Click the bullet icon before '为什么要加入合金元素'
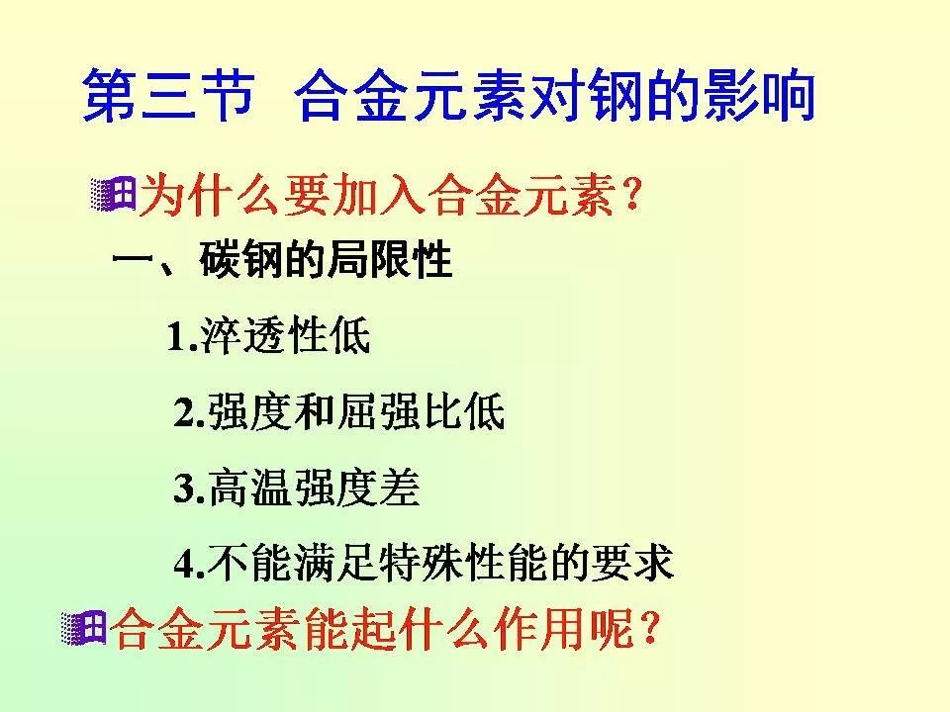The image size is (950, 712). [x=112, y=194]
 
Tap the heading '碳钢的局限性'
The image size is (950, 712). [x=326, y=261]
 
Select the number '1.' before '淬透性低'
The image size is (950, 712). [x=184, y=337]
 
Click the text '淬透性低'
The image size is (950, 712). [x=285, y=337]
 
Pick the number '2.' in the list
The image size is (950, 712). [x=189, y=412]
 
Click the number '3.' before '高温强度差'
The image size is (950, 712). [x=189, y=489]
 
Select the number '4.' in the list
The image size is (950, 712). [x=189, y=564]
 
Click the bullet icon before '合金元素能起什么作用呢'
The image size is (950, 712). [x=83, y=629]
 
